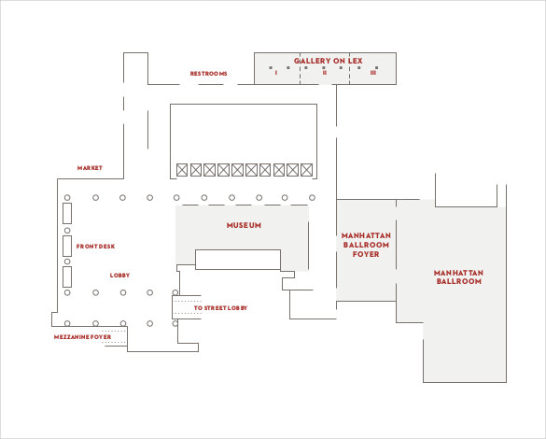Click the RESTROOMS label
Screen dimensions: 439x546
(x=208, y=74)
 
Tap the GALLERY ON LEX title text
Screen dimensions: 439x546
(x=328, y=61)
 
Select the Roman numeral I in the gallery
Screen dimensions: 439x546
(x=276, y=73)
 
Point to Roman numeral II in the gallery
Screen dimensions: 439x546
(x=325, y=73)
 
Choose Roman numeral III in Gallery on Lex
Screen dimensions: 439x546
(x=373, y=73)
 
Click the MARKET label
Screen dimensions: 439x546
(x=90, y=168)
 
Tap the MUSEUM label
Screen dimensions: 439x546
(x=244, y=226)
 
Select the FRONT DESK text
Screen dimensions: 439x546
(x=95, y=247)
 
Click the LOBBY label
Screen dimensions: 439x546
(x=119, y=276)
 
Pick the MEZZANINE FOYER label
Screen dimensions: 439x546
(x=82, y=336)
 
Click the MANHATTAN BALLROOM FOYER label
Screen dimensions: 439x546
(x=365, y=244)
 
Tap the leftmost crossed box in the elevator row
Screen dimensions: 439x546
(x=182, y=170)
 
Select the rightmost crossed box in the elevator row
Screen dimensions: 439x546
(x=306, y=170)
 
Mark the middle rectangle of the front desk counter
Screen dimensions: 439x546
(x=67, y=247)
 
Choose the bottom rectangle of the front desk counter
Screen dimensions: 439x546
(x=67, y=276)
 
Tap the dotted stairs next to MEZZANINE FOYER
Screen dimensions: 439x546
(x=116, y=336)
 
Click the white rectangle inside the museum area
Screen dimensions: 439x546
(x=237, y=260)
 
